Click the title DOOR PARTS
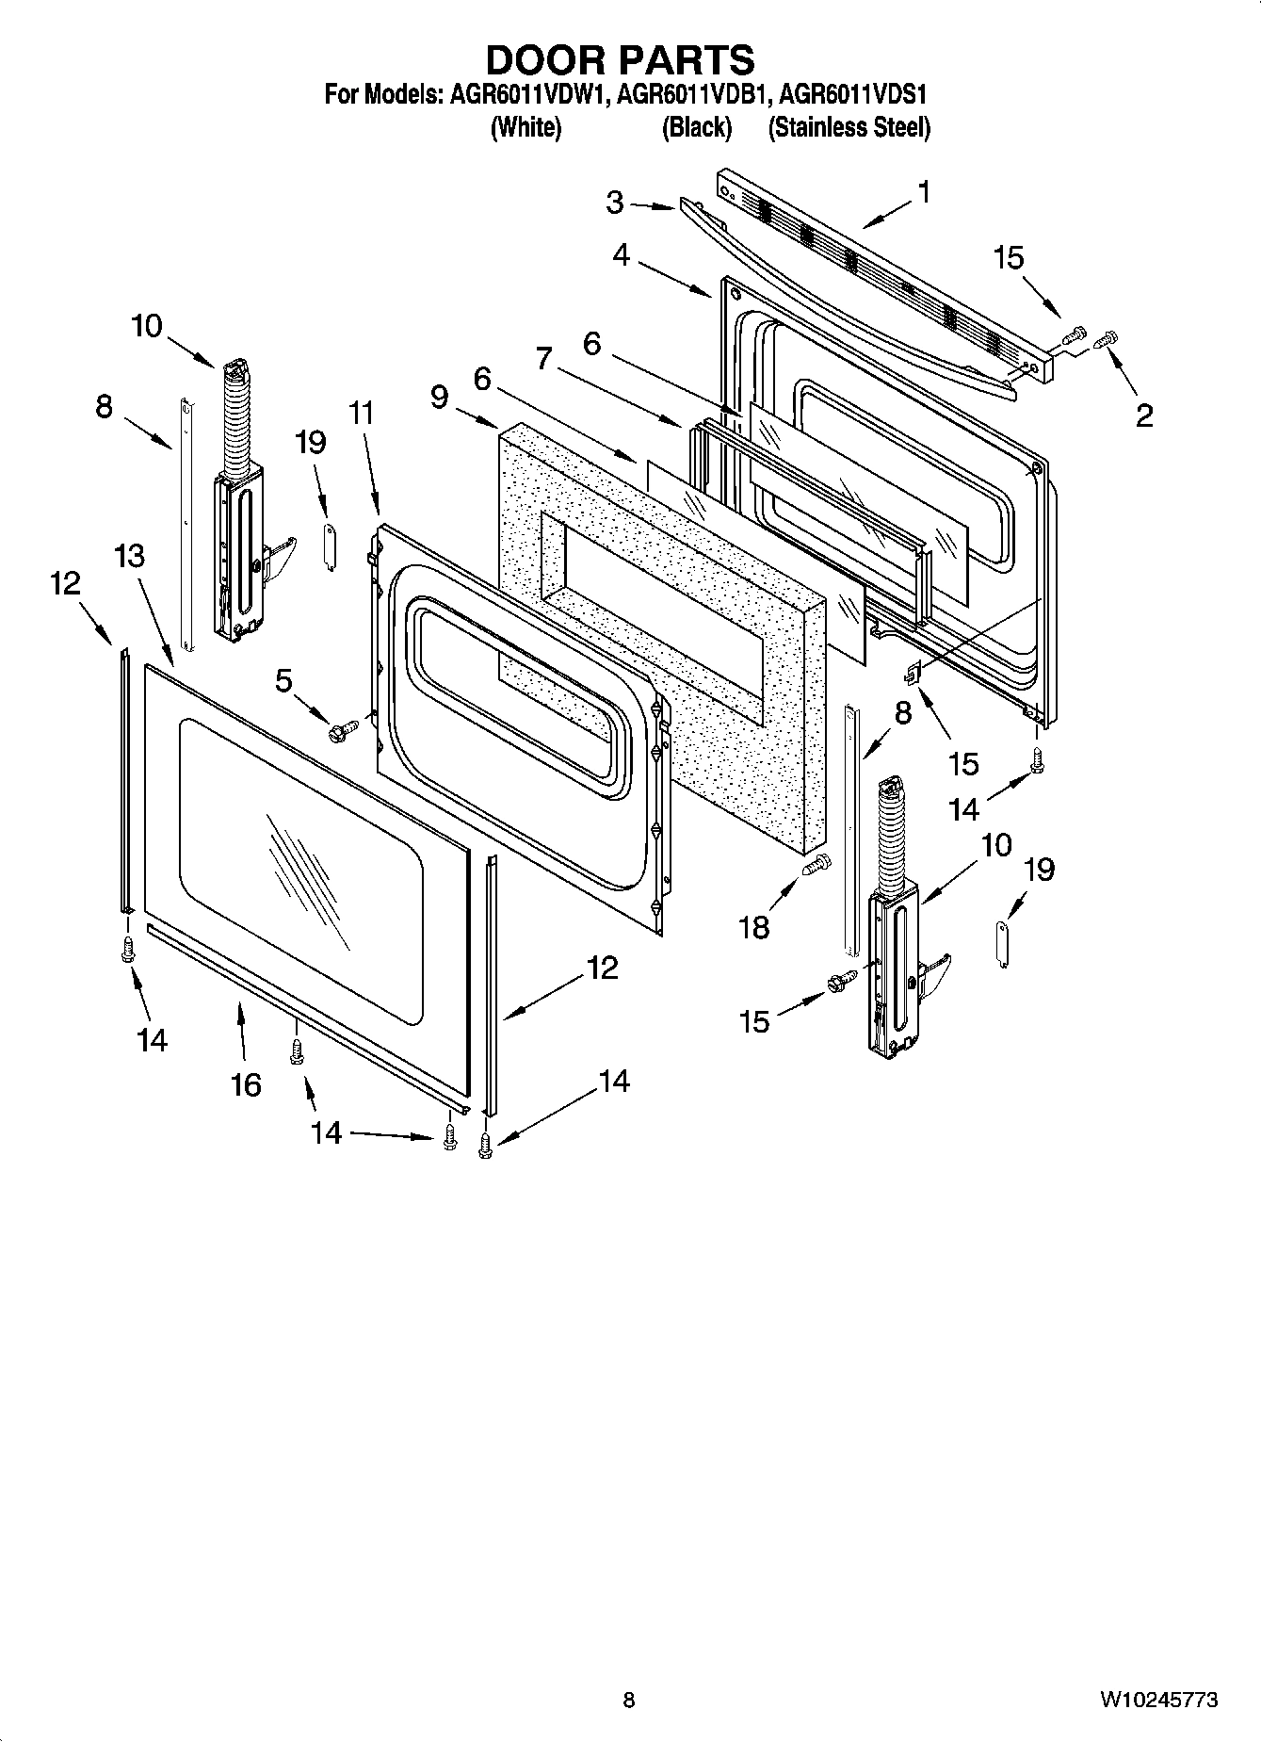coord(620,59)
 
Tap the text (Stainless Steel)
coord(849,128)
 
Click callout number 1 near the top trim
coord(924,192)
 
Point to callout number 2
coord(1143,415)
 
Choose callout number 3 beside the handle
coord(615,203)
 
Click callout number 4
coord(622,254)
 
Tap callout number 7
coord(543,359)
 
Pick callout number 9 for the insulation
coord(439,397)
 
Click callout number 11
coord(362,414)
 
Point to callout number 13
coord(129,556)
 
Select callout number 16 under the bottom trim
coord(246,1085)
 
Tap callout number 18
coord(754,927)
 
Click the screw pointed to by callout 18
coord(816,862)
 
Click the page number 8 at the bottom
coord(629,1699)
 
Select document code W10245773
coord(1157,1700)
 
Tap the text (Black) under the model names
coord(696,128)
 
